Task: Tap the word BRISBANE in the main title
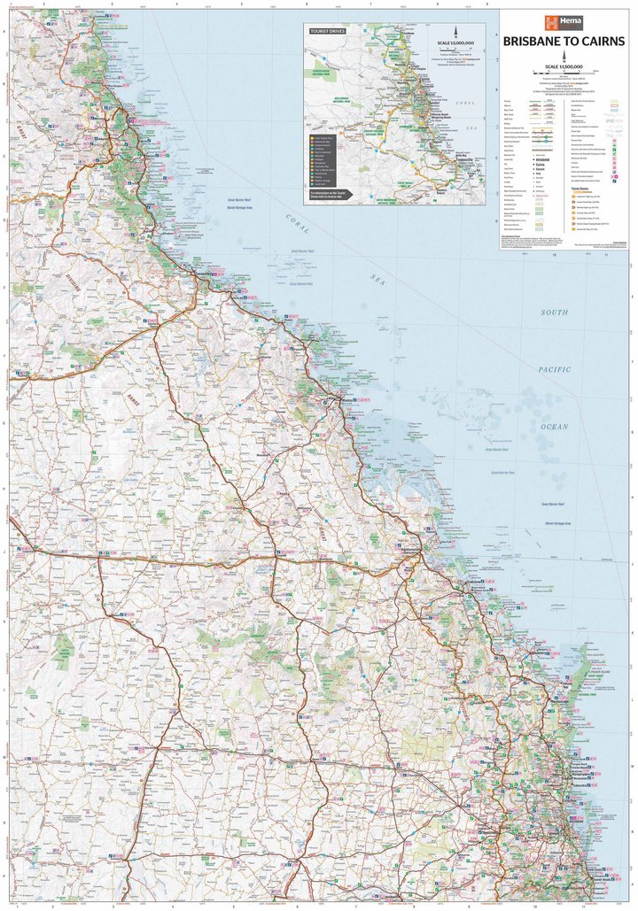pos(530,41)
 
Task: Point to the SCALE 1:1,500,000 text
pos(564,66)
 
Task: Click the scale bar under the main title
pos(564,73)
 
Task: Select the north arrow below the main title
pos(564,56)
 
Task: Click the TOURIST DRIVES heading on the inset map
pos(327,31)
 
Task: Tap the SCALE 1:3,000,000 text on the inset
pos(455,42)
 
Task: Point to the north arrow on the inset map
pos(455,31)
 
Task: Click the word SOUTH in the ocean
pos(556,313)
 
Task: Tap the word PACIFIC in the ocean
pos(555,369)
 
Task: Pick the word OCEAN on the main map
pos(555,426)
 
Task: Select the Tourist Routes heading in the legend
pos(581,188)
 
